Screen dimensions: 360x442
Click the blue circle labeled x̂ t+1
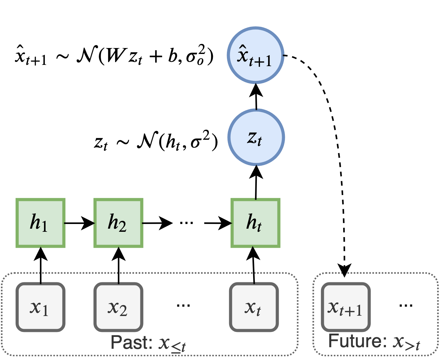pos(255,55)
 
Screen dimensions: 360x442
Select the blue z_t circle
pos(256,137)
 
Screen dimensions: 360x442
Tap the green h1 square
pos(40,223)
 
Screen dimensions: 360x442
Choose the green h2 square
pos(118,223)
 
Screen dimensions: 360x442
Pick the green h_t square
pos(255,223)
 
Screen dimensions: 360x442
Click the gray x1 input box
pos(40,307)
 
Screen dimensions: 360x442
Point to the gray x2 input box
pos(118,307)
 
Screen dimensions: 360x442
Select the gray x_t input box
pos(254,307)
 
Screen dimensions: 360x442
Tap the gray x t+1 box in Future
pos(345,307)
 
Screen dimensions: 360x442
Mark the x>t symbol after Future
pos(406,343)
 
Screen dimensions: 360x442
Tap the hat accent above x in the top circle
pos(242,47)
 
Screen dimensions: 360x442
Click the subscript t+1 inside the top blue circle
pos(260,61)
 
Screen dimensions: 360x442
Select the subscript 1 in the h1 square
pos(45,226)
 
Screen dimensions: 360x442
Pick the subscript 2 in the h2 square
pos(122,226)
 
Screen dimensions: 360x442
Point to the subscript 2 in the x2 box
pos(123,311)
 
